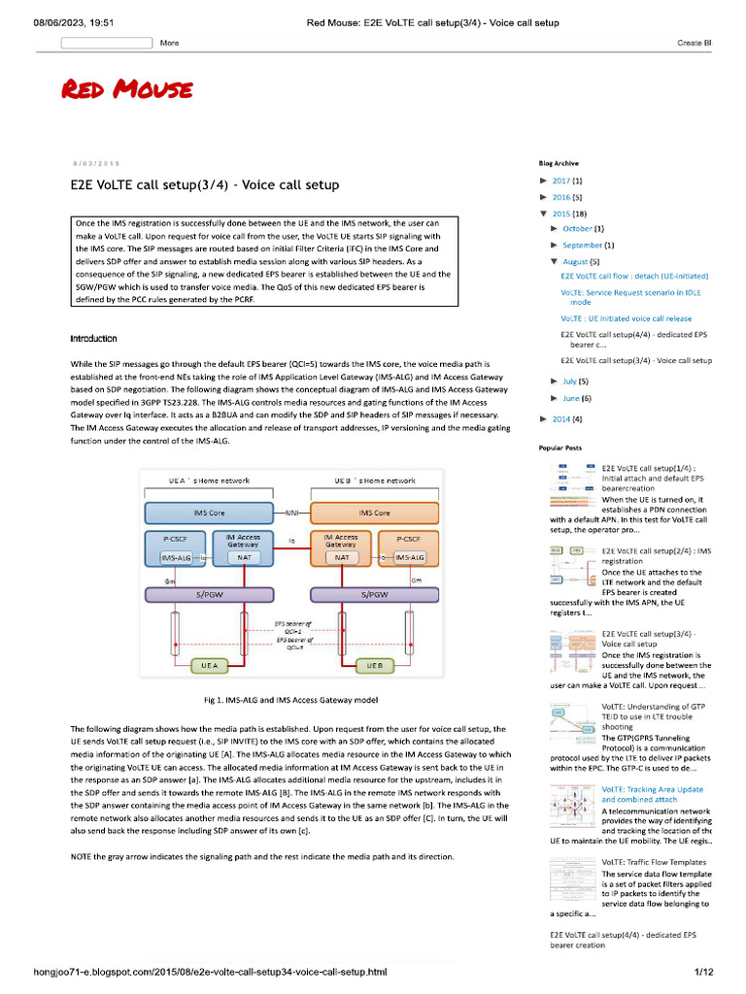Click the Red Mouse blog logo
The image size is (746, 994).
[126, 91]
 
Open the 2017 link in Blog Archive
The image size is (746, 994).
[560, 181]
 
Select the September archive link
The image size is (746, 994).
[582, 246]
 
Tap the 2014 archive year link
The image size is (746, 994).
[560, 418]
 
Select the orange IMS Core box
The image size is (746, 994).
[374, 513]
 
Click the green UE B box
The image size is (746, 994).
[374, 666]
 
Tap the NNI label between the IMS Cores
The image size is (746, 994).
[290, 513]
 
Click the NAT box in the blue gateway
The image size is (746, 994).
[243, 557]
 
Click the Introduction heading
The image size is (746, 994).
[94, 339]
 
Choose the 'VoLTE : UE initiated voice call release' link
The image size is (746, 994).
[626, 318]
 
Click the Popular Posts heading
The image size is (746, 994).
[560, 448]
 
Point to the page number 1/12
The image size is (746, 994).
[703, 972]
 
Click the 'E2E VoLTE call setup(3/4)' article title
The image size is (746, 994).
[205, 184]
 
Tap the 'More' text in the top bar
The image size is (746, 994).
[169, 43]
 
